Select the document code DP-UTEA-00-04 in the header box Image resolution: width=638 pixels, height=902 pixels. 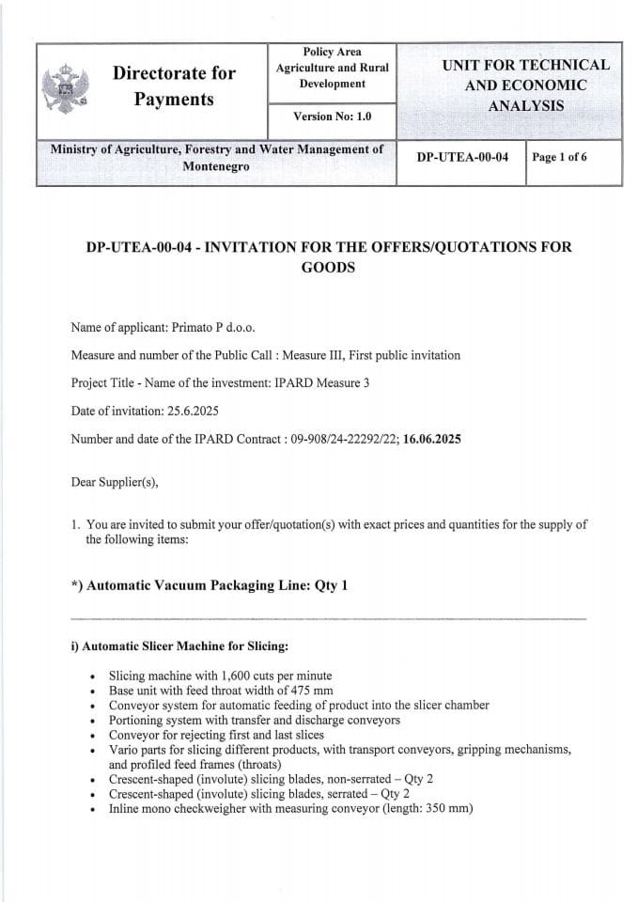(x=462, y=157)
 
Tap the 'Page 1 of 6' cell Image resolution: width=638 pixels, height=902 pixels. (x=559, y=157)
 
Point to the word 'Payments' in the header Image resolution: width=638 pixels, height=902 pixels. (x=174, y=99)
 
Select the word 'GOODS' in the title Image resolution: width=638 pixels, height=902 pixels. (x=328, y=267)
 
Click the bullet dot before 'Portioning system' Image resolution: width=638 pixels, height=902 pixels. (x=90, y=721)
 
